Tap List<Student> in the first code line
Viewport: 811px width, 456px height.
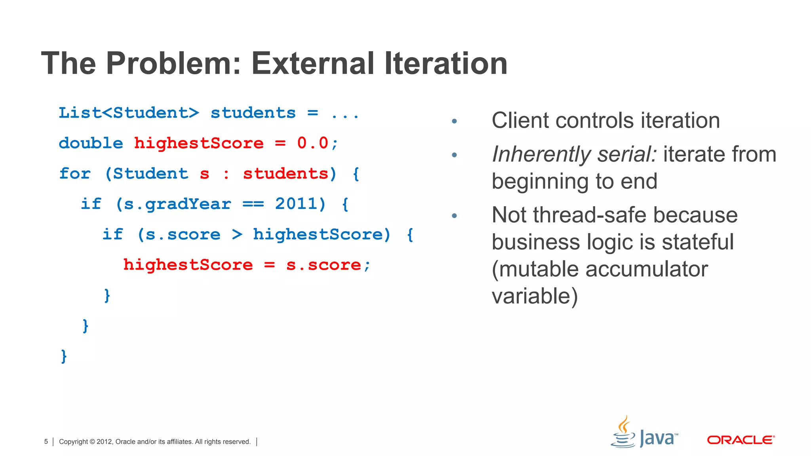pyautogui.click(x=129, y=113)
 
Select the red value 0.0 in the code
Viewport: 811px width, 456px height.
pyautogui.click(x=312, y=143)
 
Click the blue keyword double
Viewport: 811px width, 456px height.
pyautogui.click(x=91, y=143)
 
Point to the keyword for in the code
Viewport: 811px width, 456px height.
pyautogui.click(x=75, y=173)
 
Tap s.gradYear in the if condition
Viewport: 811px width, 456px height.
pyautogui.click(x=177, y=204)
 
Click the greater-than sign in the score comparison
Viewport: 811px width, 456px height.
pyautogui.click(x=237, y=234)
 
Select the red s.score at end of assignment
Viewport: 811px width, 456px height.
pyautogui.click(x=324, y=265)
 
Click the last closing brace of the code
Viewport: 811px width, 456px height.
pyautogui.click(x=64, y=356)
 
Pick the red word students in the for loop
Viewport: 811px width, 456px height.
pyautogui.click(x=286, y=173)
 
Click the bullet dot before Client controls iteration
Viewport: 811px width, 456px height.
pyautogui.click(x=454, y=121)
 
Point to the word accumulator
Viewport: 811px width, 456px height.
pyautogui.click(x=646, y=269)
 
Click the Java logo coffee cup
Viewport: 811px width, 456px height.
pyautogui.click(x=623, y=434)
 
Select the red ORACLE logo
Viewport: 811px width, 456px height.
pyautogui.click(x=741, y=440)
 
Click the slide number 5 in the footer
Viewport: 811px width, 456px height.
pyautogui.click(x=46, y=442)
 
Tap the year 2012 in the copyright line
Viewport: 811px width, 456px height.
pyautogui.click(x=104, y=442)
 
